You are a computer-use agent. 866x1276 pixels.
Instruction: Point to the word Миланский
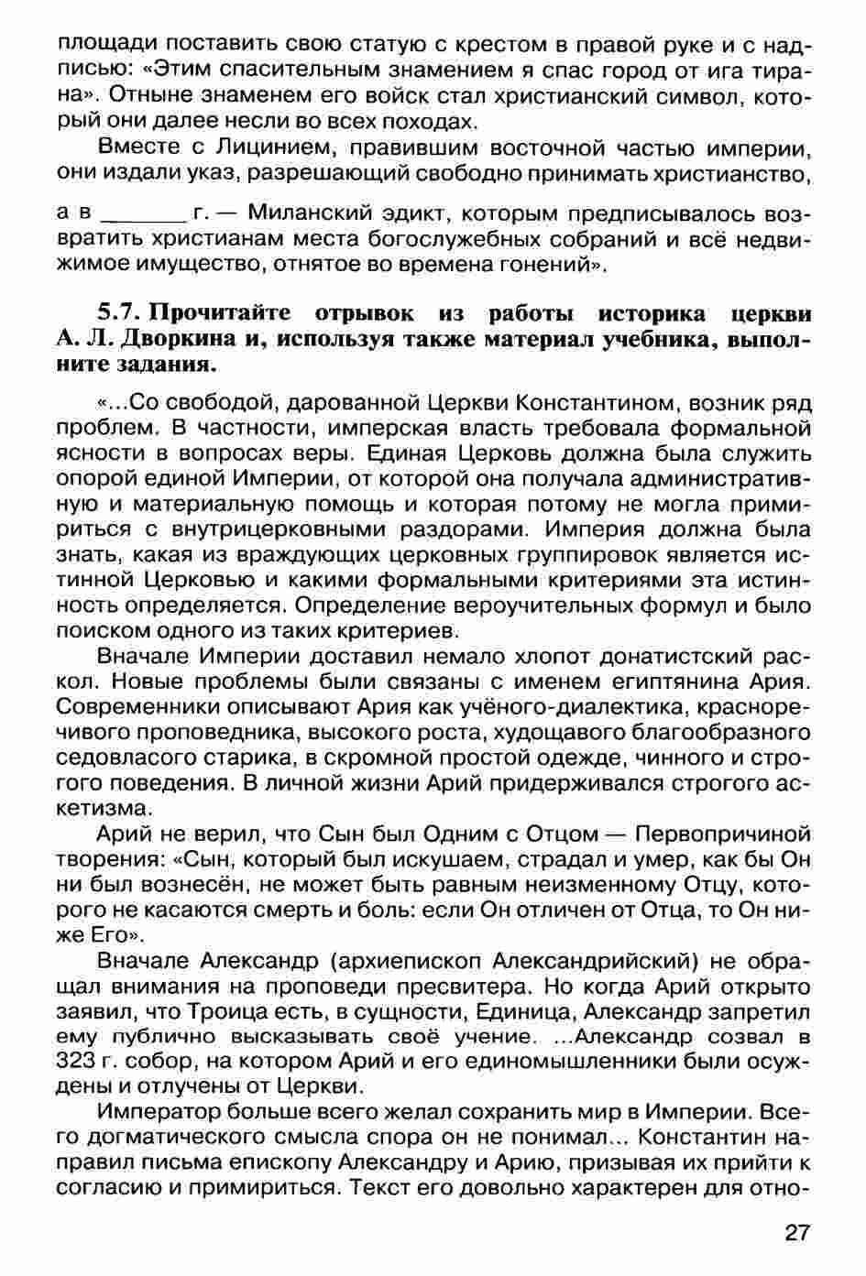point(306,215)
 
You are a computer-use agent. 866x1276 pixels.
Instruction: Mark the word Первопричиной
point(723,834)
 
